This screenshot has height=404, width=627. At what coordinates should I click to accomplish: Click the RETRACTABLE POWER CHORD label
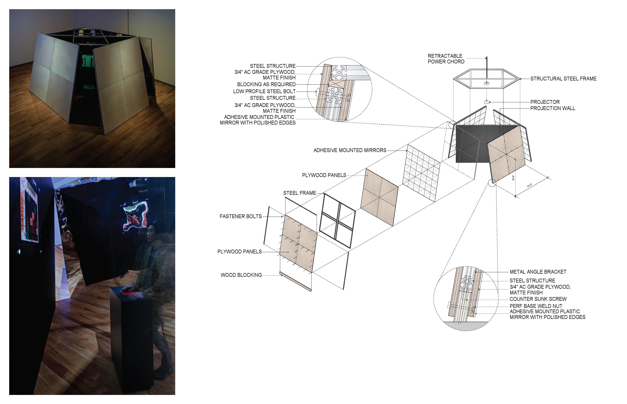point(446,59)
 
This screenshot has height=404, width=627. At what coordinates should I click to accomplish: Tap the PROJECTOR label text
point(545,102)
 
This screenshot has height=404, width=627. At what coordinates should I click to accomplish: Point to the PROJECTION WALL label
point(552,108)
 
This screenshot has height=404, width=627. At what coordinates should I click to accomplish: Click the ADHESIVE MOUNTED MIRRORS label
point(350,150)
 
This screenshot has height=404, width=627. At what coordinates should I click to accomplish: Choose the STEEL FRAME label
point(299,193)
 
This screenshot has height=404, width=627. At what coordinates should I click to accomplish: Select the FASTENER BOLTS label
point(241,216)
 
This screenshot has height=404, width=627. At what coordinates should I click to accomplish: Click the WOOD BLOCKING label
point(241,275)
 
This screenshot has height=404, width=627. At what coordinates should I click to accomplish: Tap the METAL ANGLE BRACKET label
point(538,272)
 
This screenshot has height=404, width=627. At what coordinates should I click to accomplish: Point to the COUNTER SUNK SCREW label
point(538,299)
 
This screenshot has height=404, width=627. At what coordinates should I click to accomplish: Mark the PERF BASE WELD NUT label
point(536,306)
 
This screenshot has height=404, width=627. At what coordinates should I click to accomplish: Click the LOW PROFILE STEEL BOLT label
point(264,91)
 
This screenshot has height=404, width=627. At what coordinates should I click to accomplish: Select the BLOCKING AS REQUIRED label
point(266,84)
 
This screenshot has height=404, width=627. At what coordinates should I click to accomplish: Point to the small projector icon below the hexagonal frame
point(487,102)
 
